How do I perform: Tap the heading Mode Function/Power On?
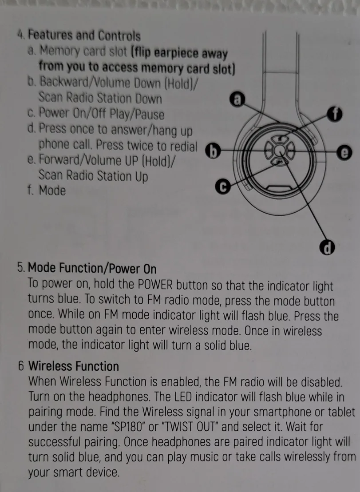92,269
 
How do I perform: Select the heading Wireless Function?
74,366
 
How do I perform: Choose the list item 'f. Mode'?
46,191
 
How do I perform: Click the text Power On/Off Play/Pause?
102,114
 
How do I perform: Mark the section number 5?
21,269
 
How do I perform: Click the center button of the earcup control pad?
279,152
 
